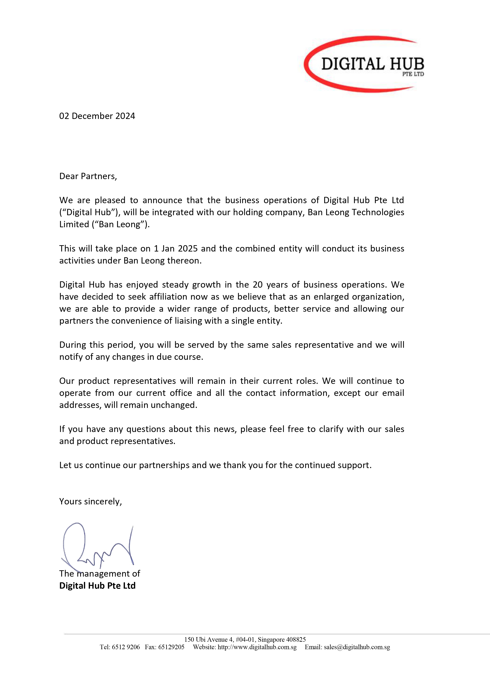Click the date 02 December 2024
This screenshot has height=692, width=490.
pyautogui.click(x=97, y=116)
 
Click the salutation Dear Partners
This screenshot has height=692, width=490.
pyautogui.click(x=88, y=176)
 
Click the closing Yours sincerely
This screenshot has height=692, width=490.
pyautogui.click(x=90, y=501)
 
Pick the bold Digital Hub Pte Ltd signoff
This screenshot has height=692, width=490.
pyautogui.click(x=97, y=586)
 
